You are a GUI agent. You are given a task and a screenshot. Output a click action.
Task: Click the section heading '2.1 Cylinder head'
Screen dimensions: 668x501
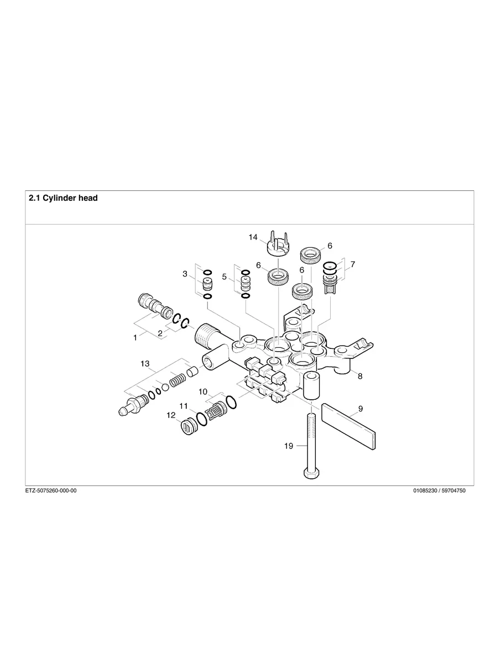point(63,198)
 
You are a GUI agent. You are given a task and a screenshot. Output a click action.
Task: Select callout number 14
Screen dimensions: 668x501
point(253,237)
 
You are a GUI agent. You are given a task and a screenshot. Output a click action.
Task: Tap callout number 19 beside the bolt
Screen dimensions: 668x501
point(289,446)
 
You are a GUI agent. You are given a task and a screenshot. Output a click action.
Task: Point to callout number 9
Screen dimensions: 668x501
point(360,409)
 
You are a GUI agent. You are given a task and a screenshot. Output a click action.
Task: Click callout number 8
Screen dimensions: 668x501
point(360,376)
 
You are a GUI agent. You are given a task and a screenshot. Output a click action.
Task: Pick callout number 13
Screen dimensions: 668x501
point(145,363)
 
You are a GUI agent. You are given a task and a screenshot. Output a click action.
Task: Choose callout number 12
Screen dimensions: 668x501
point(171,415)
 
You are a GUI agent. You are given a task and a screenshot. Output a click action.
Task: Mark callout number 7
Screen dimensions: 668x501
point(352,264)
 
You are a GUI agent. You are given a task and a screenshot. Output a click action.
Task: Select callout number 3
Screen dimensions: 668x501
point(185,274)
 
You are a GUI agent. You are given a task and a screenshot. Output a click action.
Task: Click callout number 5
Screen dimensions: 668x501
point(225,276)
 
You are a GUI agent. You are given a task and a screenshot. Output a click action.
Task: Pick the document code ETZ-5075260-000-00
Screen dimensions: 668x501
point(51,490)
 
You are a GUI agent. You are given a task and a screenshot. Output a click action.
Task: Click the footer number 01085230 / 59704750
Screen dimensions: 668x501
point(439,490)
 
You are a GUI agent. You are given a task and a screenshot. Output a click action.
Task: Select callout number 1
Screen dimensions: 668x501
point(135,337)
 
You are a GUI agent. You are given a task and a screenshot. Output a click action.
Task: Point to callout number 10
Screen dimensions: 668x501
point(203,392)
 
